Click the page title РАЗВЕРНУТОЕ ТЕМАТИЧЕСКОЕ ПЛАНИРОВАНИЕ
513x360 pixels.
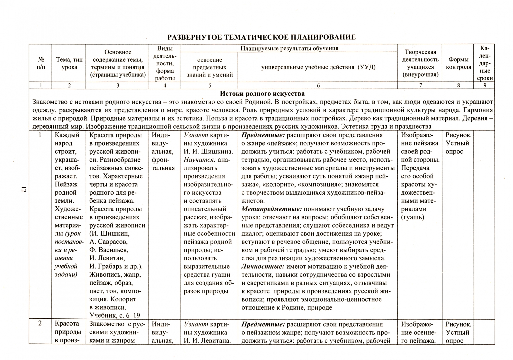(x=261, y=37)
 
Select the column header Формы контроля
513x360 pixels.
(x=458, y=63)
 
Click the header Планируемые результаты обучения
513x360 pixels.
(x=289, y=48)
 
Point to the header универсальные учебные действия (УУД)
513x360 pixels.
(x=318, y=67)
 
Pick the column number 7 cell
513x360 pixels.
(x=420, y=85)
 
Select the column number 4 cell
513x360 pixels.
(x=165, y=85)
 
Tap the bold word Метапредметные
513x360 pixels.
(x=271, y=209)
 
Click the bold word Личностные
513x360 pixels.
(x=263, y=267)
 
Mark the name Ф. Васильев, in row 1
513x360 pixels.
(x=109, y=250)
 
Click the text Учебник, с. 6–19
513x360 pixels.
(x=115, y=315)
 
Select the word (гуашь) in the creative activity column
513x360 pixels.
(x=413, y=217)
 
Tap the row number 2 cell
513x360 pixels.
(x=40, y=324)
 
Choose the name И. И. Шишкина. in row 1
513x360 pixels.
(x=208, y=152)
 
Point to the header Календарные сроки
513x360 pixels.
(x=485, y=63)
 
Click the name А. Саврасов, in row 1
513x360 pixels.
(x=108, y=242)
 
